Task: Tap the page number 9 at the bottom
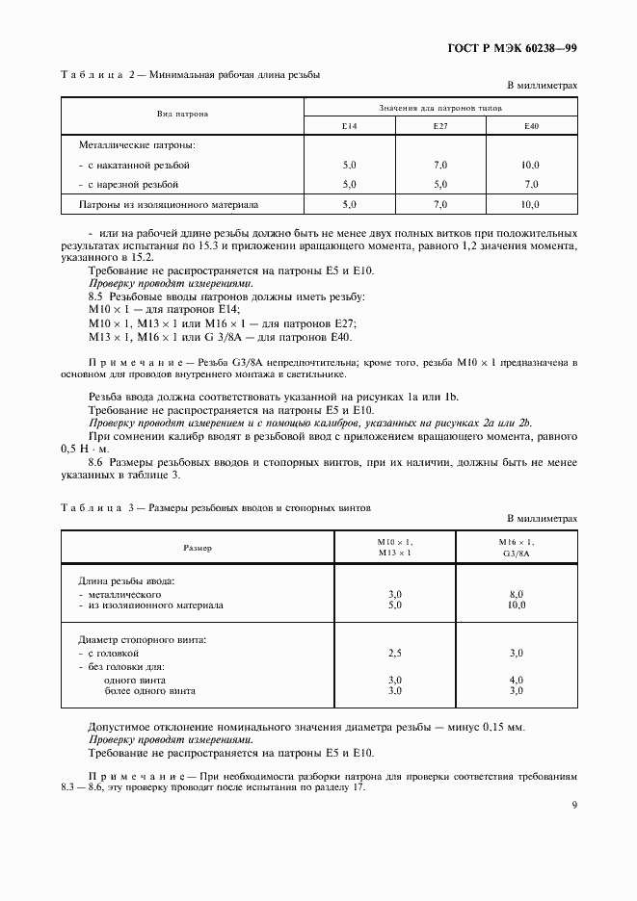(x=573, y=807)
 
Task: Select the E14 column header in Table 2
(x=349, y=126)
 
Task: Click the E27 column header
(x=440, y=126)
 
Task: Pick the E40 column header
(x=532, y=126)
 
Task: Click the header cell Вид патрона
(x=183, y=114)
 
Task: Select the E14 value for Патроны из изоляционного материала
(x=349, y=205)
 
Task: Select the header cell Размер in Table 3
(x=198, y=548)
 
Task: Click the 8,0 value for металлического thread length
(x=516, y=595)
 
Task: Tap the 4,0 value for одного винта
(x=516, y=680)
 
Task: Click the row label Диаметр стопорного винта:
(x=143, y=639)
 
